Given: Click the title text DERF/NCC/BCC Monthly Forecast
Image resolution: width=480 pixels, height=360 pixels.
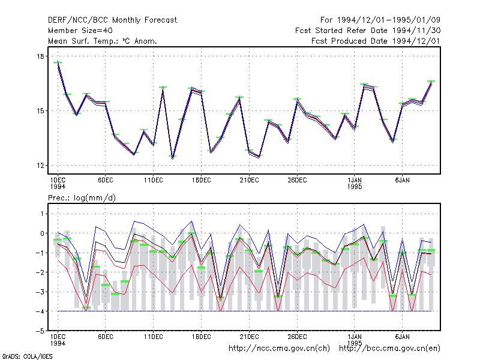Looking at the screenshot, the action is click(112, 20).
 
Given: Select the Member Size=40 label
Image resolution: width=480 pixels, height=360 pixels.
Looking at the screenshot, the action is click(80, 31).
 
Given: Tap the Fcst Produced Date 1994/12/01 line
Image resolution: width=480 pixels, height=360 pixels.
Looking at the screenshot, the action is click(376, 41).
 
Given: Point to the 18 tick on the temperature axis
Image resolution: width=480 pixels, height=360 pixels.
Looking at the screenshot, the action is click(40, 56).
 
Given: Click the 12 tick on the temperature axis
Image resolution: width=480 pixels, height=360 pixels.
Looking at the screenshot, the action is click(40, 166).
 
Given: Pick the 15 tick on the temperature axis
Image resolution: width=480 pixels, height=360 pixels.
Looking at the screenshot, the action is click(40, 111).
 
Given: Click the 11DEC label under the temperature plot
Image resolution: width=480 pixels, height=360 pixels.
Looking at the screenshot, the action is click(154, 181).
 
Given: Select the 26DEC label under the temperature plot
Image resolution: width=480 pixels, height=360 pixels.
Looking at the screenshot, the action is click(297, 181).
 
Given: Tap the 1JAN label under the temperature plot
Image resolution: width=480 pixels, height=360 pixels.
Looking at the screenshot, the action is click(355, 181).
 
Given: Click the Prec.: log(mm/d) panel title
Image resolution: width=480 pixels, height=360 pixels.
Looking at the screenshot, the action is click(82, 198).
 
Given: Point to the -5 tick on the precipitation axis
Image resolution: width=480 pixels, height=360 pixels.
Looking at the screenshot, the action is click(40, 331).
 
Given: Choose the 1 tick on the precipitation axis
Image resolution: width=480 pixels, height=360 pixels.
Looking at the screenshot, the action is click(42, 214).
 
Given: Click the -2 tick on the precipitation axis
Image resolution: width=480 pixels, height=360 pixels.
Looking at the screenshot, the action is click(40, 272).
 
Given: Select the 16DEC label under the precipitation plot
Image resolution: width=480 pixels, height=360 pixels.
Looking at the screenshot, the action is click(202, 337).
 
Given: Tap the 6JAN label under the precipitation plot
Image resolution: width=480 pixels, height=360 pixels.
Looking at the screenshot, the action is click(402, 337).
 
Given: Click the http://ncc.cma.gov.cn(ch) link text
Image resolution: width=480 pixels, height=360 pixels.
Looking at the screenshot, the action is click(279, 349).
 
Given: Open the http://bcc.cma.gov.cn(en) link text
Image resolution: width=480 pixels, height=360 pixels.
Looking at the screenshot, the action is click(389, 349).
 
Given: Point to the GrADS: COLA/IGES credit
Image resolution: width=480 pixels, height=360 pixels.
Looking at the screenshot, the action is click(27, 356).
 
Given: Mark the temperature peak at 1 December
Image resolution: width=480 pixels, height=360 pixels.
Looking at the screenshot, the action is click(58, 62).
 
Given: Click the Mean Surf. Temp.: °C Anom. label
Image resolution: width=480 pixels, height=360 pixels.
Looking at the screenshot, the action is click(103, 41).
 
